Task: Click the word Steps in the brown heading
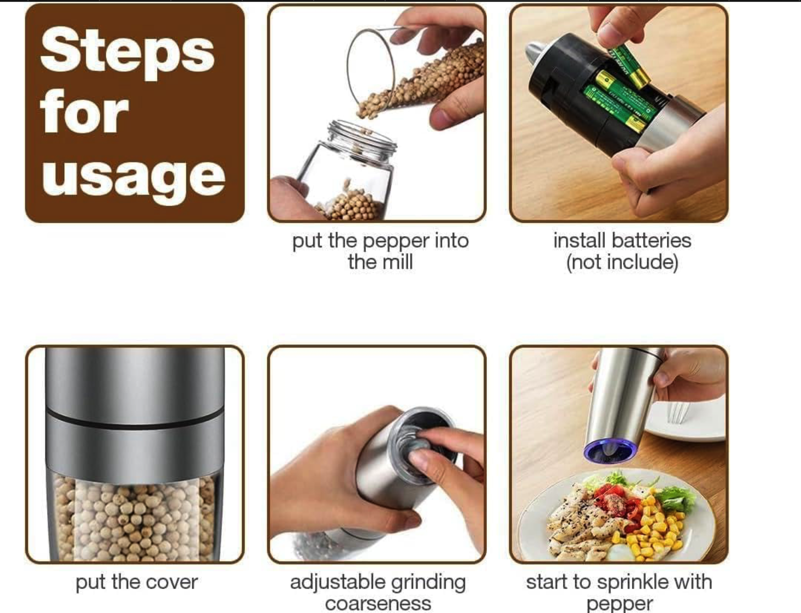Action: tap(127, 52)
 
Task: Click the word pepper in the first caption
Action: tap(396, 242)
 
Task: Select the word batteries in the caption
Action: tap(651, 241)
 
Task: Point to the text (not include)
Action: tap(622, 263)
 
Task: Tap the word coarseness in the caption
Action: tap(378, 604)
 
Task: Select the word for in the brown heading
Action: tap(85, 112)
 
